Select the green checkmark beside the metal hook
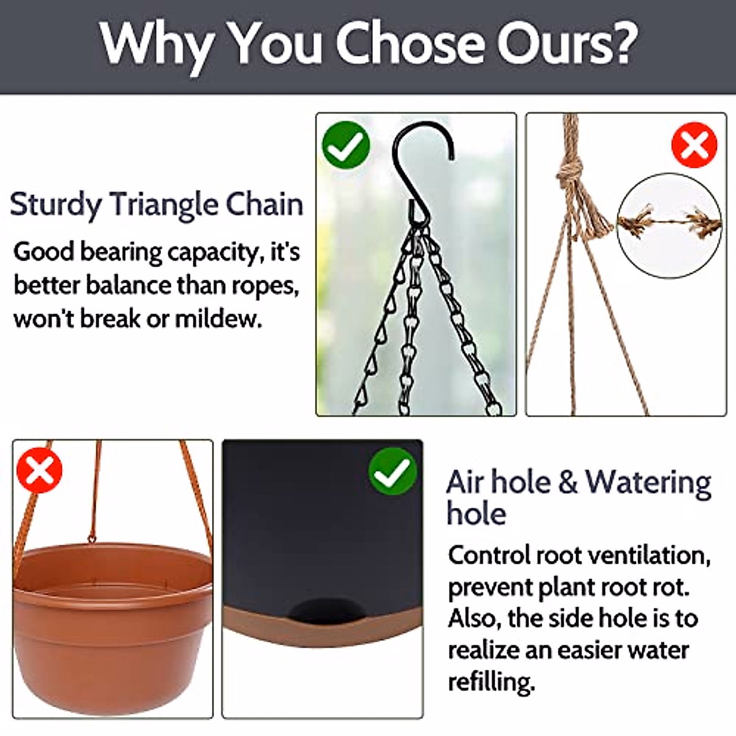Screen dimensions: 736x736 [x=346, y=145]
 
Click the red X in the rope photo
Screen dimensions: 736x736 [x=694, y=145]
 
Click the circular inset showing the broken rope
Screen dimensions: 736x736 [x=669, y=226]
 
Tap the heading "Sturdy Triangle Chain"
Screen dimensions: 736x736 [x=156, y=204]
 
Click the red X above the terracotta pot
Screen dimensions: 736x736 [x=39, y=471]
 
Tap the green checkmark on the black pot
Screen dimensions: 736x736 [x=393, y=471]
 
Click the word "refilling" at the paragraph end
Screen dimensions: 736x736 [x=489, y=681]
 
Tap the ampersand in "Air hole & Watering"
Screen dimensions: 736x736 [x=568, y=482]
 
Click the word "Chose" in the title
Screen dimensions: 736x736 [x=410, y=44]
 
